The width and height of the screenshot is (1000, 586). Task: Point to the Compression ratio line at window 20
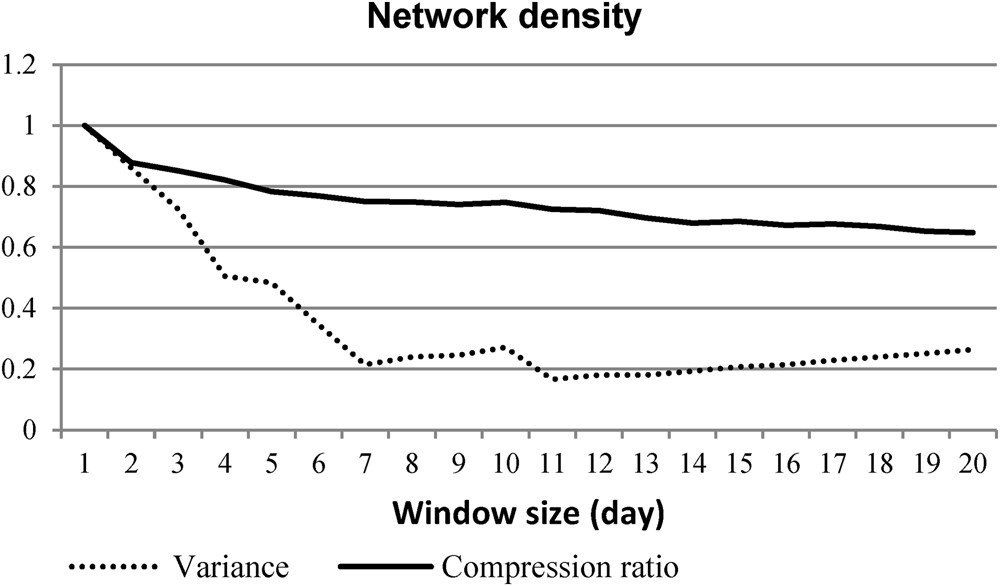(971, 233)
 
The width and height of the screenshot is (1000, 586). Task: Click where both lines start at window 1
(85, 126)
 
